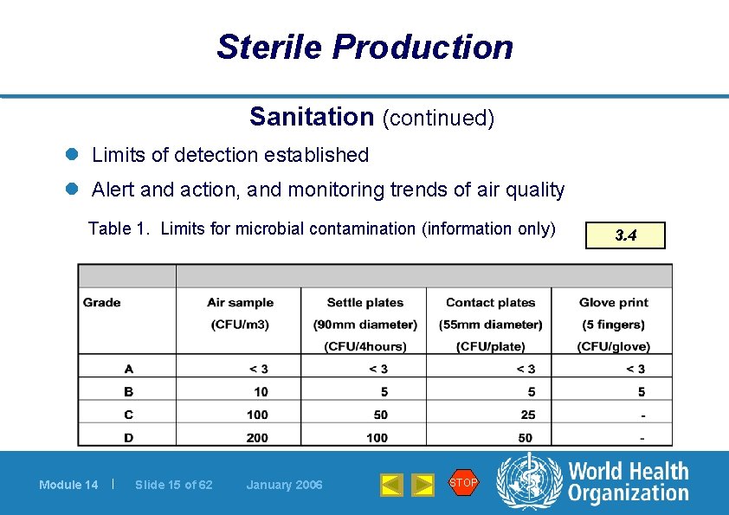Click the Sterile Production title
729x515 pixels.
point(364,47)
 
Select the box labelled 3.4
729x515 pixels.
point(625,235)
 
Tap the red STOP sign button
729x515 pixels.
point(463,483)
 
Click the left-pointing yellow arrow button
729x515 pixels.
point(391,485)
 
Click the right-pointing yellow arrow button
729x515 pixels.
point(422,485)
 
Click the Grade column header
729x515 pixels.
point(102,303)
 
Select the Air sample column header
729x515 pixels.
point(240,303)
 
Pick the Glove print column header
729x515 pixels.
point(613,303)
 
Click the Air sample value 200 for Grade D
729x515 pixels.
point(257,438)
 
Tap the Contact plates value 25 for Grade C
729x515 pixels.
point(527,415)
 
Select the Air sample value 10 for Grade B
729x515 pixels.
point(261,392)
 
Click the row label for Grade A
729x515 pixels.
point(128,370)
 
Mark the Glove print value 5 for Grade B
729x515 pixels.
point(641,392)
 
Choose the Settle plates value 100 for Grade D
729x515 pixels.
point(377,438)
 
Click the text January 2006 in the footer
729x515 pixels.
point(284,485)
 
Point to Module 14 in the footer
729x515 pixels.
point(68,485)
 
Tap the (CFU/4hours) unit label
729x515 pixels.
point(364,347)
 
